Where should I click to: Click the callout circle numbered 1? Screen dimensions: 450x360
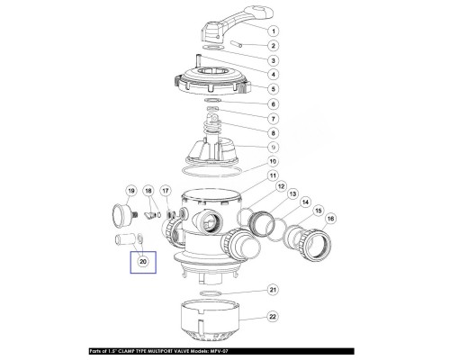pyautogui.click(x=273, y=31)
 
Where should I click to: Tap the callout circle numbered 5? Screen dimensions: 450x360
pyautogui.click(x=273, y=89)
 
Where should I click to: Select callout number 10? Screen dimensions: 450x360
pyautogui.click(x=273, y=161)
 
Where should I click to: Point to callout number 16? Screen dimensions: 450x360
pyautogui.click(x=330, y=219)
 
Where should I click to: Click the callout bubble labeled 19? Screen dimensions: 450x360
pyautogui.click(x=130, y=191)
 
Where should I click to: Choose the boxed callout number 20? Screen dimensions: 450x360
pyautogui.click(x=143, y=262)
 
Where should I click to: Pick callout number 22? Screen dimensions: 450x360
pyautogui.click(x=273, y=317)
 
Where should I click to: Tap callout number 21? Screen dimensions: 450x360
pyautogui.click(x=273, y=290)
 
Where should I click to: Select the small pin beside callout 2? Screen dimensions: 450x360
pyautogui.click(x=237, y=44)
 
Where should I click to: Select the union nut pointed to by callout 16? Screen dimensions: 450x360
pyautogui.click(x=315, y=244)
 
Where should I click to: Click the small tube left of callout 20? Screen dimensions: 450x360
pyautogui.click(x=124, y=240)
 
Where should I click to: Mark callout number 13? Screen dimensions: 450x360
pyautogui.click(x=292, y=193)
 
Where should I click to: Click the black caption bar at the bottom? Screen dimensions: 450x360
pyautogui.click(x=221, y=351)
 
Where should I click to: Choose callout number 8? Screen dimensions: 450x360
pyautogui.click(x=273, y=133)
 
